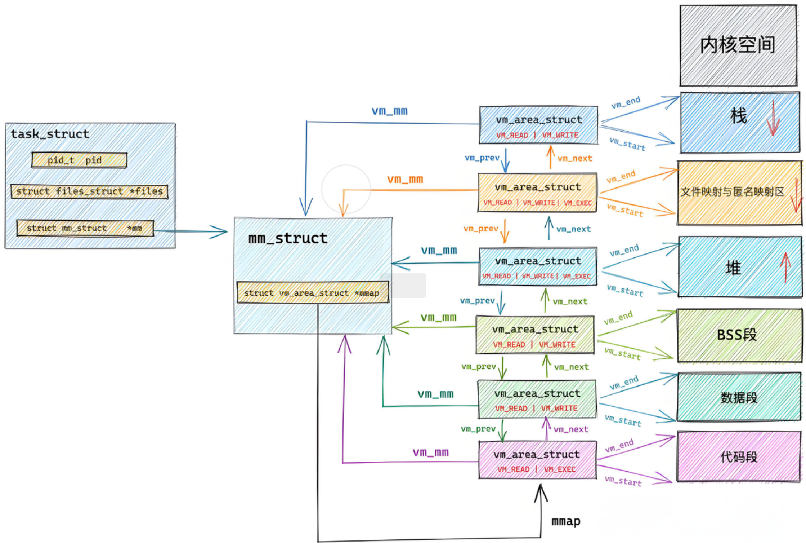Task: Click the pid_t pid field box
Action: coord(79,160)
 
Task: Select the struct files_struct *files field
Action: coord(89,191)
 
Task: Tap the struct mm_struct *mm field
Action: coord(85,228)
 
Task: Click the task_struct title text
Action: coord(50,134)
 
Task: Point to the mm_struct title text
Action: coord(288,238)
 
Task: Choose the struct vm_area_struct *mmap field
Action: coord(313,292)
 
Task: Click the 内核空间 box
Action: coord(738,45)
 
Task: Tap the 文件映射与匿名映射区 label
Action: coord(732,191)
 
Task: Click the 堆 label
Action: coord(733,268)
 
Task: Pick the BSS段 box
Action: coord(740,335)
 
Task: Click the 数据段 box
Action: coord(739,397)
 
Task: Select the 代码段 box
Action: coord(739,456)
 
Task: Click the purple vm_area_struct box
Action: coord(537,460)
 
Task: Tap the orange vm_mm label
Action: coord(405,179)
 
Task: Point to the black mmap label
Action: coord(566,522)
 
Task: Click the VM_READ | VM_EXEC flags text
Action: coord(537,469)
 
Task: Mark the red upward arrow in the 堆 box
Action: coord(785,267)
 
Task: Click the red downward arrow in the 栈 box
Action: coord(773,118)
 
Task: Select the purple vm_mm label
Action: coord(430,452)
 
